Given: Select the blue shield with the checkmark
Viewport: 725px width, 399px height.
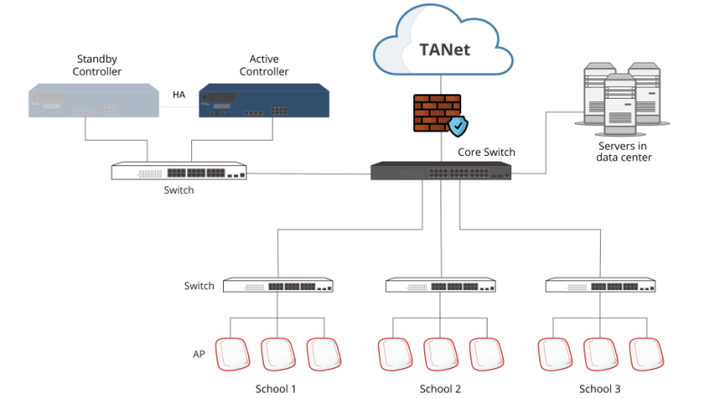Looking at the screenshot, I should (459, 126).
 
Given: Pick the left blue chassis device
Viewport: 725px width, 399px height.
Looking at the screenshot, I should (93, 101).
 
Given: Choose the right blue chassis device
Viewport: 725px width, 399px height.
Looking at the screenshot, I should (265, 101).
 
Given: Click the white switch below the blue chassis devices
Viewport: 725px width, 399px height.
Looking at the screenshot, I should (179, 171).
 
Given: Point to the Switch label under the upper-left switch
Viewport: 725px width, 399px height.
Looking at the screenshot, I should (179, 190).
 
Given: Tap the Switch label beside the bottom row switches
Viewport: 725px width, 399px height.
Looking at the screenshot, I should (198, 286).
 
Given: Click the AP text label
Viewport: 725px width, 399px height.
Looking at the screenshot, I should (198, 354).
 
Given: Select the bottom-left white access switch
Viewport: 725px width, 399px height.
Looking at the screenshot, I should (277, 286).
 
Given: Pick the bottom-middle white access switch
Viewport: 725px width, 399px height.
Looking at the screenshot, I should (440, 286).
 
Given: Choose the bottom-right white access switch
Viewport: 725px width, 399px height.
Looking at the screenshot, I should (601, 286).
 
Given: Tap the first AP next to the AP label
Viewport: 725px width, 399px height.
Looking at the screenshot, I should (234, 354).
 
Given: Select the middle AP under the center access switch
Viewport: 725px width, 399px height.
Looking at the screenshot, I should (440, 354).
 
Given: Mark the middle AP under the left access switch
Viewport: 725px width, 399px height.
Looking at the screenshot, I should (277, 354).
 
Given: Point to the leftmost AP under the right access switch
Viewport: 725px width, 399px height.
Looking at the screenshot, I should (555, 354).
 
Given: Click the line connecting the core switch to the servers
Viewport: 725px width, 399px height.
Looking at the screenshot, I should (546, 145).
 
